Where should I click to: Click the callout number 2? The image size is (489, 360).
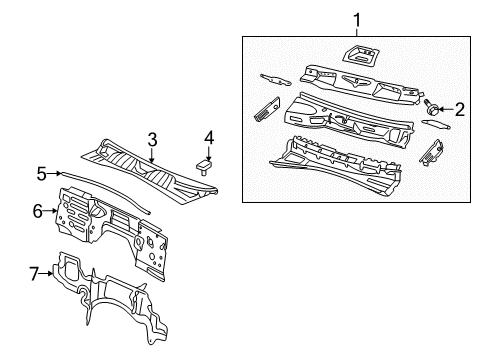(460, 109)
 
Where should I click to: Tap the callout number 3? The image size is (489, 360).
(152, 139)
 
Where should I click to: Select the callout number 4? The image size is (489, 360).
(208, 136)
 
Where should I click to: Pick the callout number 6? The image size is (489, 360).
(38, 211)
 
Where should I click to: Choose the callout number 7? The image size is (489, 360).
(33, 273)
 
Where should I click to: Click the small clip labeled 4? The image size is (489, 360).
(207, 162)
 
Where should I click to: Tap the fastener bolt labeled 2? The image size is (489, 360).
(435, 106)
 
